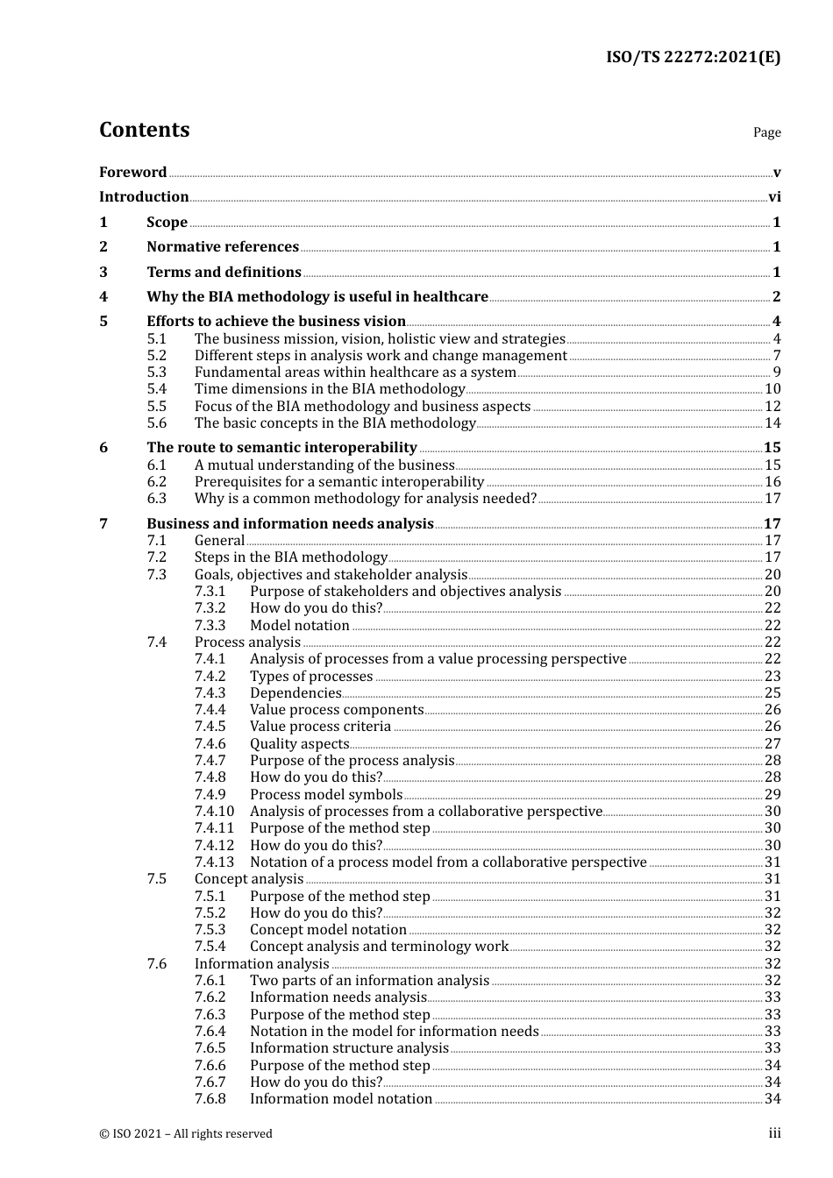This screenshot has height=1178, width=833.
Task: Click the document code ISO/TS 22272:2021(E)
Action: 693,58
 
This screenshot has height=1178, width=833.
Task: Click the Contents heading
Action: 144,130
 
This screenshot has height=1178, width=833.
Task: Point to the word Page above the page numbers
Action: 766,132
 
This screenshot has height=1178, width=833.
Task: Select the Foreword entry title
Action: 132,173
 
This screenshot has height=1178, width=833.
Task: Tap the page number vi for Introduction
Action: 774,197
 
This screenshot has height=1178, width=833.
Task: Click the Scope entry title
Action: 167,223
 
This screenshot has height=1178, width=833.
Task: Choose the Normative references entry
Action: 223,247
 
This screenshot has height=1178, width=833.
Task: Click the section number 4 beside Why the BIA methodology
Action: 103,297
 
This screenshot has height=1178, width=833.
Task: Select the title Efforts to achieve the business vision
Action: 276,322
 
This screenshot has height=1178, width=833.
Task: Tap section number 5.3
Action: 157,373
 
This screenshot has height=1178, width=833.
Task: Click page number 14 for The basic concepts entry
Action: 772,423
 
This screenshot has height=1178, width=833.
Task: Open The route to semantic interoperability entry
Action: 281,448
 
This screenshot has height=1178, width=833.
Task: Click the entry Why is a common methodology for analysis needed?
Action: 365,499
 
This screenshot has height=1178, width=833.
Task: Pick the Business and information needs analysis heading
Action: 290,524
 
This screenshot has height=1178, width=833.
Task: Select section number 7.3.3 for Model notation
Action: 210,626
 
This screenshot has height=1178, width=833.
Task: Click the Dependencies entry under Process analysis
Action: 295,693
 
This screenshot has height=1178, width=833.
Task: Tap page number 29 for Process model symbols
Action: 772,795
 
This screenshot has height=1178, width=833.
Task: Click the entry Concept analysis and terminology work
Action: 379,947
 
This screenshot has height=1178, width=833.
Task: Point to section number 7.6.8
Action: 210,1099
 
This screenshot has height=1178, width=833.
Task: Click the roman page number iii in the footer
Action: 774,1133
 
